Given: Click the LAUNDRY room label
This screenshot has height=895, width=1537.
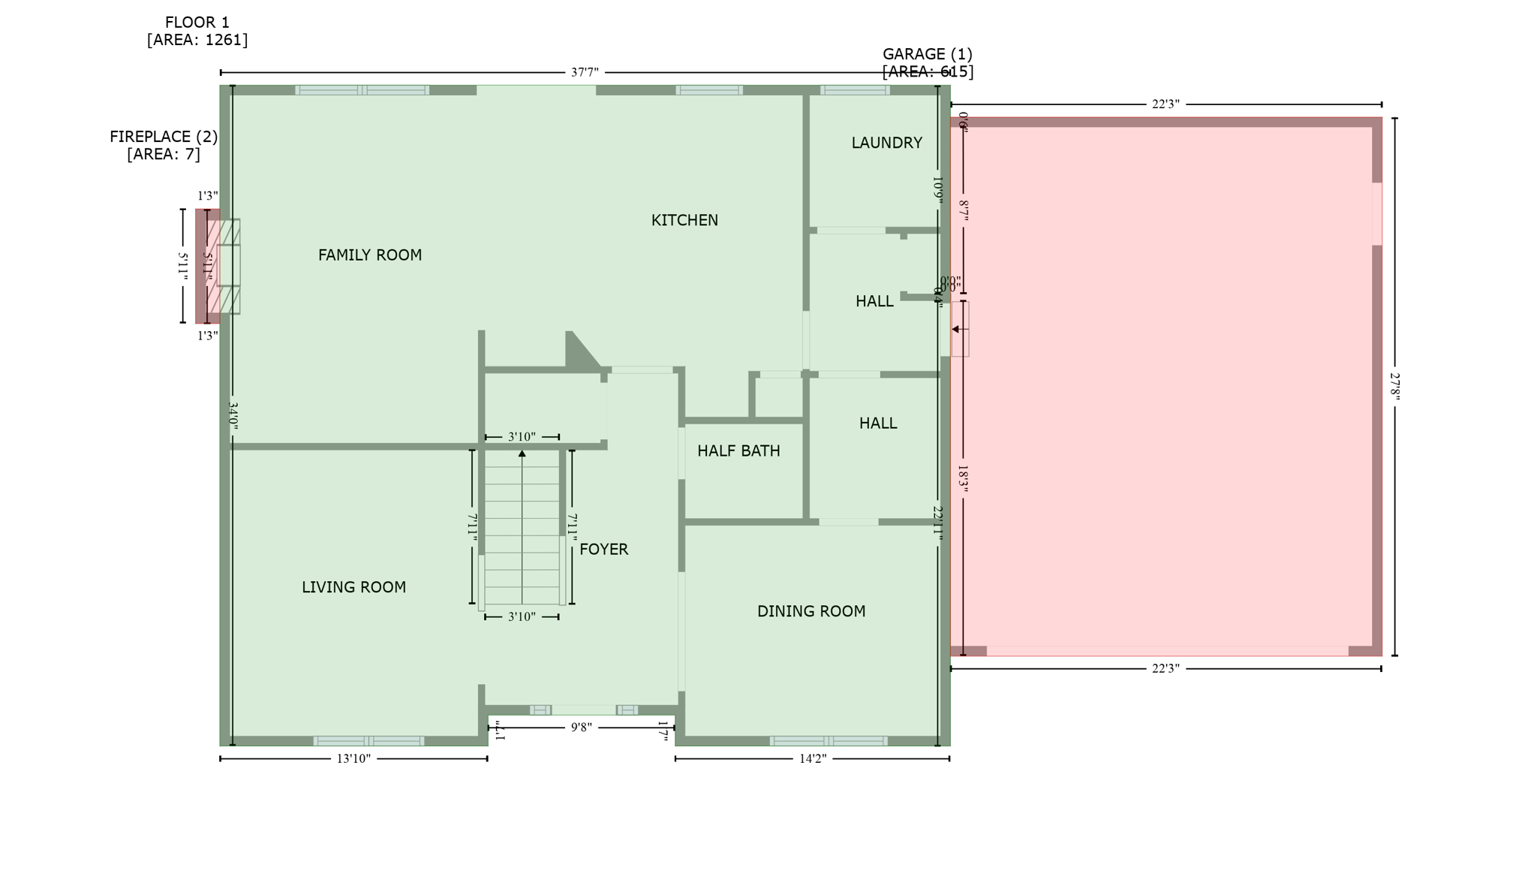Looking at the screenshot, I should pos(886,143).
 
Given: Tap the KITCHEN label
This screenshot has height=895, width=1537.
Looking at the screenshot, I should pos(684,220).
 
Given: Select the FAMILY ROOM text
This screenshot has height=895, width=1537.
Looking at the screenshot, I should pos(369,255).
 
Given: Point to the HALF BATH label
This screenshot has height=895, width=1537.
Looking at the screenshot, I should pos(738,451).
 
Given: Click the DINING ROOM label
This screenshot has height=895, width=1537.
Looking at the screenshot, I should pos(811,611).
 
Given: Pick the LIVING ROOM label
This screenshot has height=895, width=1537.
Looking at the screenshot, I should pos(353,587).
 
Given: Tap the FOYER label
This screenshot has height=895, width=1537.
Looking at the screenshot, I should pos(603,550).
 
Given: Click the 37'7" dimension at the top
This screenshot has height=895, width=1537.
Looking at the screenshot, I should pos(585,73).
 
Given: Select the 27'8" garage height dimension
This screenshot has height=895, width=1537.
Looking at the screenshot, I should pos(1394,387).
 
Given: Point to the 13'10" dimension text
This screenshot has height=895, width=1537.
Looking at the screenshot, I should pos(353,758).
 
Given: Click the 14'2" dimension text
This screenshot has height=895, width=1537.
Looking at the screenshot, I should pos(812,758).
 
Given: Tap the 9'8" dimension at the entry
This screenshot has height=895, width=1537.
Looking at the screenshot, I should pos(581,727).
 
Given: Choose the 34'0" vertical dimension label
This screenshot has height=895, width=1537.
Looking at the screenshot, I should pos(233,415).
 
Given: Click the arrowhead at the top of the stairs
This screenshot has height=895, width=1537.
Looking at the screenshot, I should pos(522,454).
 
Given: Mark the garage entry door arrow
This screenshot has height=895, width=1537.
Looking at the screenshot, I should pos(955,329).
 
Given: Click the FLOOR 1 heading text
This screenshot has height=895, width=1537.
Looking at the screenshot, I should pos(197,23).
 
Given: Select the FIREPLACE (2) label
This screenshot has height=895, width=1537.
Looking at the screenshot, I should pos(164,137).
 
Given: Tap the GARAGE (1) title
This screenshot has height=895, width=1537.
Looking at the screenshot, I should pos(927,54).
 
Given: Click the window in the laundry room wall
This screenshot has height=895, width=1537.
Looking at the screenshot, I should pos(854,90).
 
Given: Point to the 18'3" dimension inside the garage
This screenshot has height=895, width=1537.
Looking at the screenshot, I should pos(963,479).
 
